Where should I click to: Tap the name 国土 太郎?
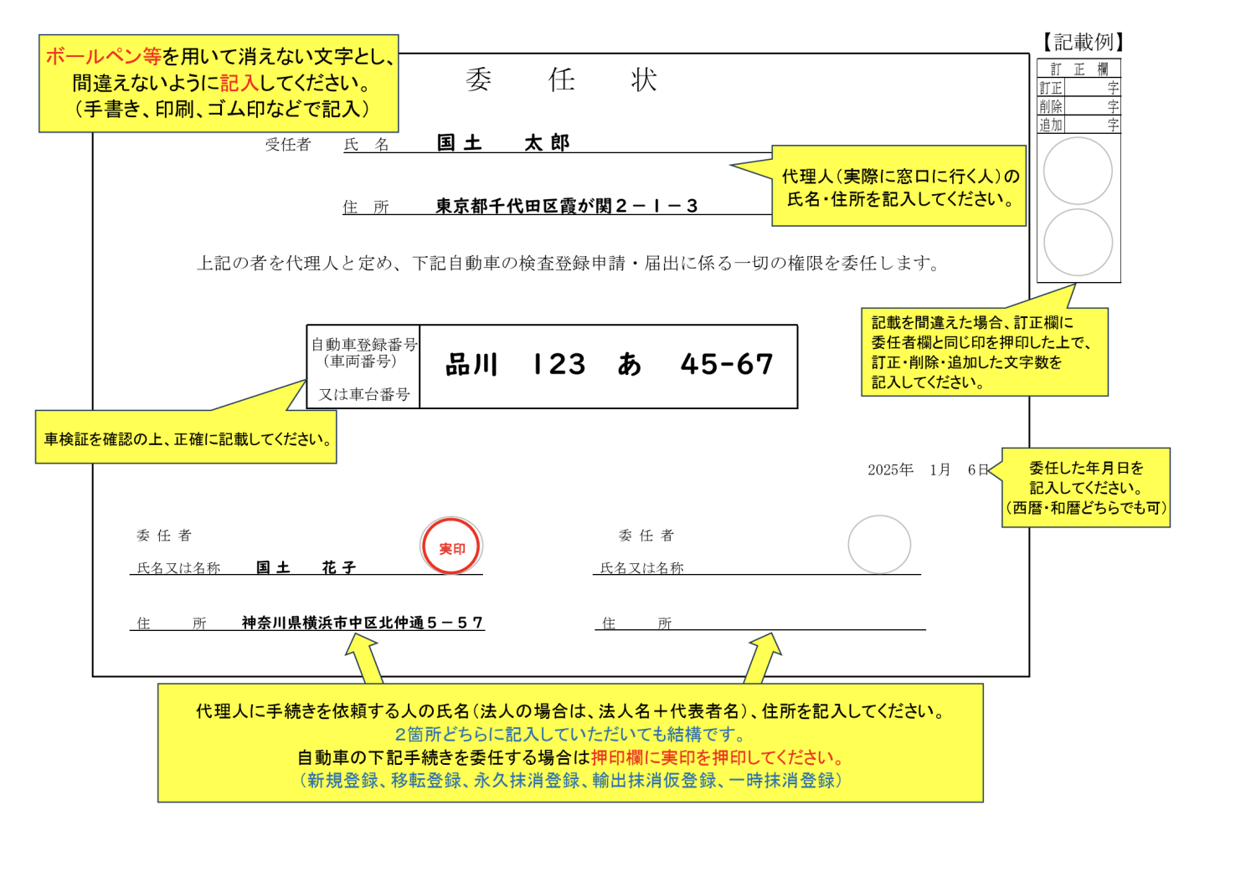503,143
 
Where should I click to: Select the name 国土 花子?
306,567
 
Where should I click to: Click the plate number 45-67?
727,364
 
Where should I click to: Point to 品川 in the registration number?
471,365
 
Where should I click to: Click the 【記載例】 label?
1083,42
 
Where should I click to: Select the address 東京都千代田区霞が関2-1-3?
566,206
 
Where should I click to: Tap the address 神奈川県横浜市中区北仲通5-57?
363,623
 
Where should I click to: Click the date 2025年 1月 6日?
928,469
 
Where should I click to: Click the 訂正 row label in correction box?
1050,88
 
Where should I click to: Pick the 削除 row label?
1050,106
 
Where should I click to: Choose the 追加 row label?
1050,125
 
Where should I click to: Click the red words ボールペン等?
104,57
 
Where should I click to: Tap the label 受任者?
288,145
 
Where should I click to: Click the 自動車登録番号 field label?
364,344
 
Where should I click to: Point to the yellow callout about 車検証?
186,437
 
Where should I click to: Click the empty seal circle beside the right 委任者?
879,545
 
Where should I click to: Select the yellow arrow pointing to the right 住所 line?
764,659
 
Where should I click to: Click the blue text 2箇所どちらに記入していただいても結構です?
570,734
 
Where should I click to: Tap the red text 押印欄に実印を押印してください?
717,757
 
